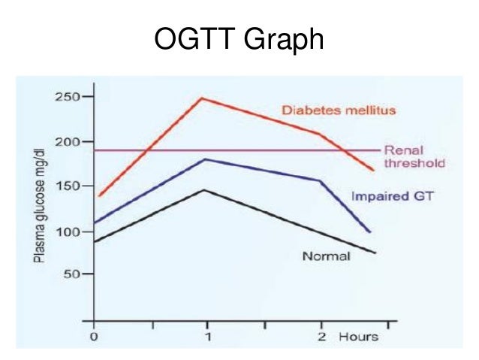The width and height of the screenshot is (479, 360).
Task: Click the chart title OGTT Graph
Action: click(239, 39)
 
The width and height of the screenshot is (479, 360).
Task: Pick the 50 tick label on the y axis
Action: click(71, 274)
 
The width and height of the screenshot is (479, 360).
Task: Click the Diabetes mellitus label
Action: click(338, 110)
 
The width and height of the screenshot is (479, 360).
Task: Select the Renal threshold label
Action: click(414, 156)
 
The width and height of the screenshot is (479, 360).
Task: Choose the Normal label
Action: click(326, 256)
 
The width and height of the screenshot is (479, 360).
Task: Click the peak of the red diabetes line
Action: click(202, 98)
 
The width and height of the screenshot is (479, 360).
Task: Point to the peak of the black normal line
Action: click(204, 189)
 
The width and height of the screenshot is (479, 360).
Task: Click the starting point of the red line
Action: click(99, 196)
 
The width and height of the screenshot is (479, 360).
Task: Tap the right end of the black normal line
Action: click(375, 253)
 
